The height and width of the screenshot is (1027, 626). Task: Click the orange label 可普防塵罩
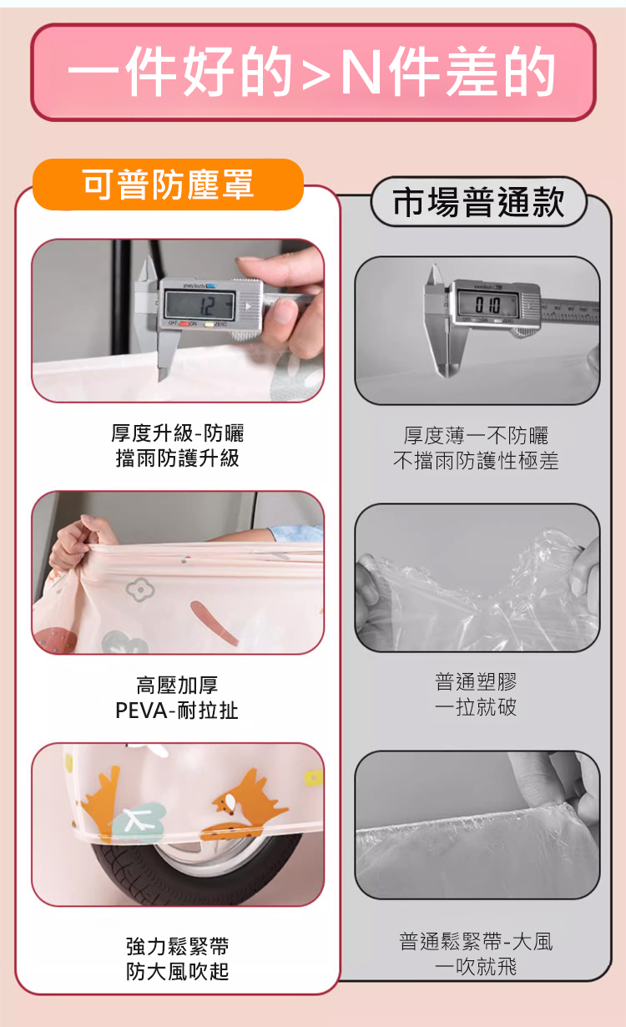(168, 185)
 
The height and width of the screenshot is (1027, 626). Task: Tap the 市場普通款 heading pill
(478, 202)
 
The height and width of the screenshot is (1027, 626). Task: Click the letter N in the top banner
(361, 72)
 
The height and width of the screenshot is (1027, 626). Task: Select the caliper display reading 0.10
(487, 305)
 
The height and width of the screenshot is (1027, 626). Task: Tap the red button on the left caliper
(184, 324)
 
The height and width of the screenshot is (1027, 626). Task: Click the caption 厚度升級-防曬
(177, 433)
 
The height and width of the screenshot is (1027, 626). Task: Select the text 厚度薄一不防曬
(476, 435)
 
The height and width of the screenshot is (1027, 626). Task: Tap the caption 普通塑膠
(476, 682)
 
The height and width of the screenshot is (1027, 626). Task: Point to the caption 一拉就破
(476, 707)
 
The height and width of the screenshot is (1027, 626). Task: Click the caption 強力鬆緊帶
(177, 946)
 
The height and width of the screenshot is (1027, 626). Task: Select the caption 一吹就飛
(476, 967)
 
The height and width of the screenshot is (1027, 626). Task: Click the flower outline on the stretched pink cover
(139, 589)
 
